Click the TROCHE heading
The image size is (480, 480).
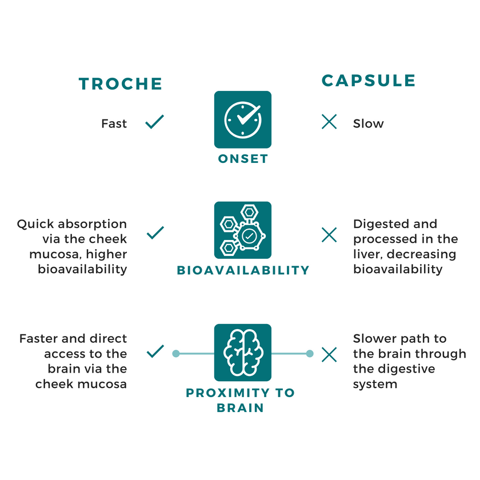[x=121, y=84]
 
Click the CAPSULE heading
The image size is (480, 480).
[x=369, y=81]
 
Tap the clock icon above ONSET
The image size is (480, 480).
[x=243, y=120]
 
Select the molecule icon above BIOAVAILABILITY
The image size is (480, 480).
[x=243, y=230]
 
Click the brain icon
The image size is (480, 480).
[x=243, y=353]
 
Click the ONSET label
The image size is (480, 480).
[x=243, y=159]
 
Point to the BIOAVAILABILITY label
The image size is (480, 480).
[x=243, y=270]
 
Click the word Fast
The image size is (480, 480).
[x=114, y=123]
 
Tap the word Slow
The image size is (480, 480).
[x=369, y=123]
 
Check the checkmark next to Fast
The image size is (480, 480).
[x=155, y=122]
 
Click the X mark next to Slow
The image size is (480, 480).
[x=329, y=122]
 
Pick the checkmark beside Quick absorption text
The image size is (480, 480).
[x=155, y=233]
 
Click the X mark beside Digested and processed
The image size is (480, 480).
[x=329, y=234]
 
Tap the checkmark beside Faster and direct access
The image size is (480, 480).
[x=155, y=351]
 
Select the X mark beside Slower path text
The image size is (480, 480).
[x=329, y=355]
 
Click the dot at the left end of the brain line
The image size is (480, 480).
[x=176, y=354]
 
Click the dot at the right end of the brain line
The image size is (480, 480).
[x=310, y=354]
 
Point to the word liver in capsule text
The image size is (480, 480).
[x=366, y=254]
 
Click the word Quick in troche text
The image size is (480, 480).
[x=36, y=224]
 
